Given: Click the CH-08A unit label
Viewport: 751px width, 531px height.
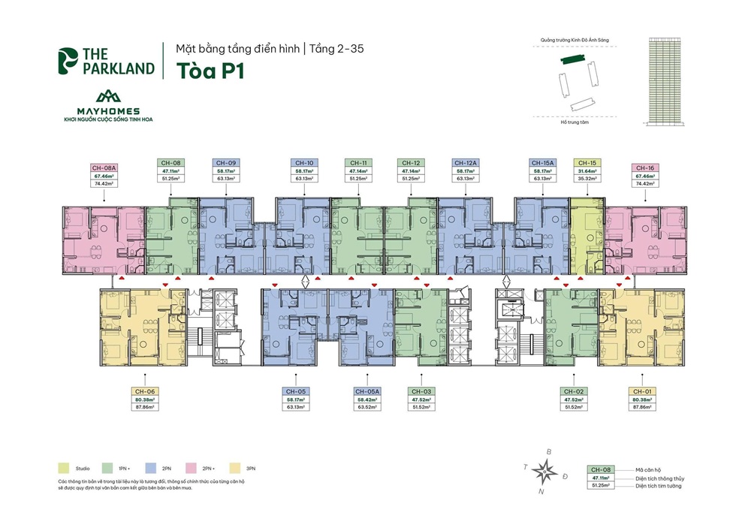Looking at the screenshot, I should click(104, 168).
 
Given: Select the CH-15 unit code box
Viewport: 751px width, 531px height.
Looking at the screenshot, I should click(587, 162).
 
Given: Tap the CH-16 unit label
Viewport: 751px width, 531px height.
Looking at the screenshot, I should click(644, 168).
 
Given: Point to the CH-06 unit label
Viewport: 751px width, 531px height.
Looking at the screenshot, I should click(146, 391).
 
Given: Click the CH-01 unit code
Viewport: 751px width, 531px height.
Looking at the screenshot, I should click(641, 391).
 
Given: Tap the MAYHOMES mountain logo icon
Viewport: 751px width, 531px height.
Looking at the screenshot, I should click(108, 97).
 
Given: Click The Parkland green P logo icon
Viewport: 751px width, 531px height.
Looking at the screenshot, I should click(70, 62).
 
